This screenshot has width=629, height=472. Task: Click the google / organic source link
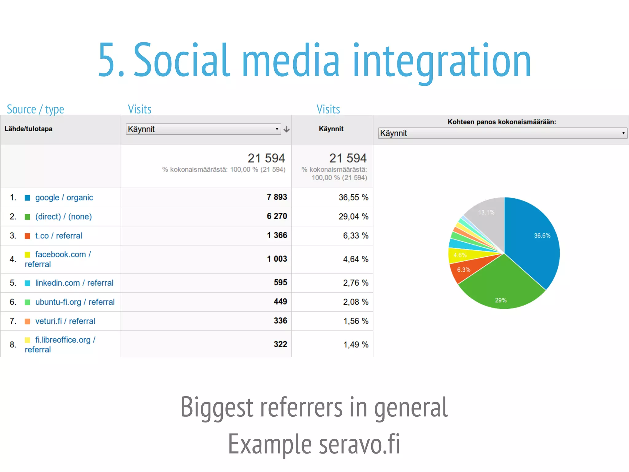64,197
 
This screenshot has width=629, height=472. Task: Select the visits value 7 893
277,197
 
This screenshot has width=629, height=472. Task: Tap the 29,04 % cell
353,216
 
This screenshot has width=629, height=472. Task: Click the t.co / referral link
58,236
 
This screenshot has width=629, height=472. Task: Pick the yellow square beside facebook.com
27,255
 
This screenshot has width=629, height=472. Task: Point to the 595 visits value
280,283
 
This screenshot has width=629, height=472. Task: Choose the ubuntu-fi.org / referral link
75,302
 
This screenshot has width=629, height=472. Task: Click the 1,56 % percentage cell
355,321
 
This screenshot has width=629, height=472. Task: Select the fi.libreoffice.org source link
63,340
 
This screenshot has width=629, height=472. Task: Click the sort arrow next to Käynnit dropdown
287,129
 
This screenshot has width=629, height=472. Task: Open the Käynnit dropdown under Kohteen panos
502,133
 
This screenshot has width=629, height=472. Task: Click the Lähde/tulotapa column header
28,129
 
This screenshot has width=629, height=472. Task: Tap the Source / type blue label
35,109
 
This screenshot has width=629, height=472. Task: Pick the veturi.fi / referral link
65,321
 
